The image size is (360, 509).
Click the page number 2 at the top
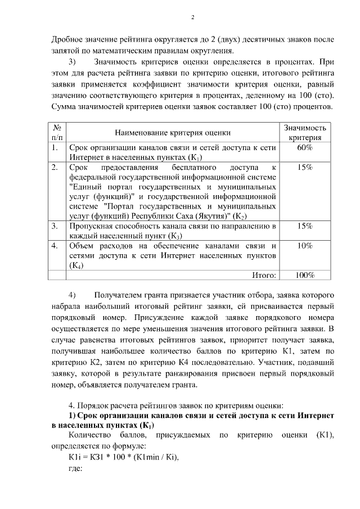pos(192,17)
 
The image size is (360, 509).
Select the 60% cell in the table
pos(304,147)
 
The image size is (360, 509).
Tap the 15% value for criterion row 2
pos(304,168)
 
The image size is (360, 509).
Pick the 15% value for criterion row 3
pos(304,226)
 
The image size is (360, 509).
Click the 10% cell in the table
pos(304,246)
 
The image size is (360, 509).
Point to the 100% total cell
pos(304,275)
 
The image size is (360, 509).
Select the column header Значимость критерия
pos(304,133)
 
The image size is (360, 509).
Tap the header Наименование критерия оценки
pos(173,133)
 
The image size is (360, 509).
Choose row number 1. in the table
pos(55,148)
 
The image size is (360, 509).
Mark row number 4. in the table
pos(55,246)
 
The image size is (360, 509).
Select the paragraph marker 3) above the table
pos(73,61)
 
